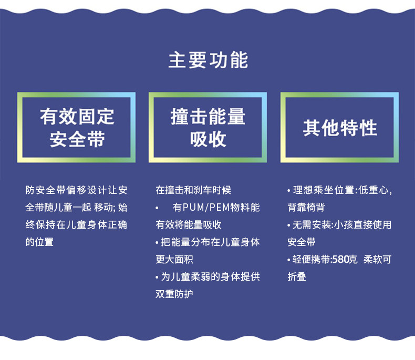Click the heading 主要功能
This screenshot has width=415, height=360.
[208, 60]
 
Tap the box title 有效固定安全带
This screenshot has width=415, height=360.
[77, 128]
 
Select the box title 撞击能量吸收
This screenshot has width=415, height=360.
[208, 128]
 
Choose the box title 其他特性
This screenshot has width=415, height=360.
[340, 128]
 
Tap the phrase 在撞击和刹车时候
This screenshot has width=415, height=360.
[193, 190]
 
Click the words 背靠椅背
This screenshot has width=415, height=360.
[306, 208]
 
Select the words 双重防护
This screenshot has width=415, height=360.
[174, 294]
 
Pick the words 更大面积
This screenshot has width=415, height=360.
[174, 260]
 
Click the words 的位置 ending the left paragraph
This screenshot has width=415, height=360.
[39, 242]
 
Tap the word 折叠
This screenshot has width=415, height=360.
[297, 277]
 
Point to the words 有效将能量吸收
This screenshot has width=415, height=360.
[189, 225]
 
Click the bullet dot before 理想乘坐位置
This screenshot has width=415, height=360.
[289, 191]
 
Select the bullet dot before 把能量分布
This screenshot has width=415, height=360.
[157, 243]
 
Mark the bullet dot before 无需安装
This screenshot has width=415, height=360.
[289, 225]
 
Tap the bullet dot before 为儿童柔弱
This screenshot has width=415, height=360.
[157, 277]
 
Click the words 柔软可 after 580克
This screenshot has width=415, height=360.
[377, 260]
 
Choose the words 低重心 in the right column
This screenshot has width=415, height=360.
[373, 190]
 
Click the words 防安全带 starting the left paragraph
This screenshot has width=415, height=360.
[46, 190]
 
